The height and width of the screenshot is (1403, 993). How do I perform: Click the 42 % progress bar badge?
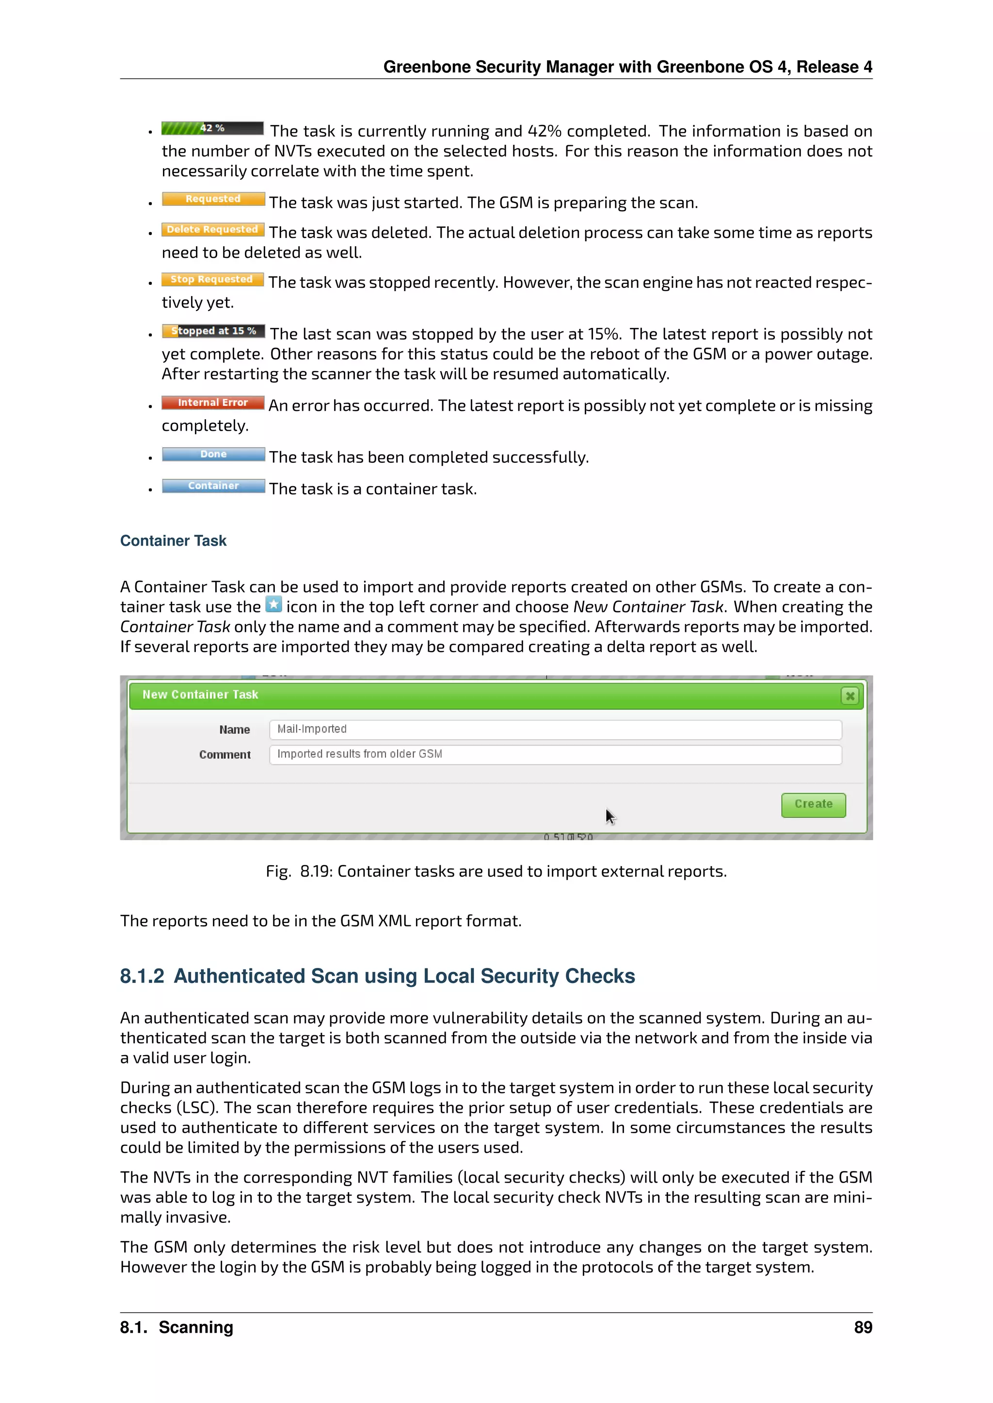click(212, 128)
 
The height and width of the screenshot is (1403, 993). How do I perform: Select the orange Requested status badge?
click(213, 199)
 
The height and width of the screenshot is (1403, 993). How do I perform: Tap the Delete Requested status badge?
click(213, 230)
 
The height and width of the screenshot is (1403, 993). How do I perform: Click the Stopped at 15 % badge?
click(213, 331)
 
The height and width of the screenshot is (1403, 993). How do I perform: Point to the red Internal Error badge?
click(213, 403)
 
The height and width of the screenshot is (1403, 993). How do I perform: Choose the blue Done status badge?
click(213, 454)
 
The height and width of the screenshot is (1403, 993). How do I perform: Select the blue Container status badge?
click(213, 486)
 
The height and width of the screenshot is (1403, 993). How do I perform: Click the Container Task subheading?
click(173, 541)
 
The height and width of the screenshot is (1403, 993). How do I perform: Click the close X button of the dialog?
click(849, 696)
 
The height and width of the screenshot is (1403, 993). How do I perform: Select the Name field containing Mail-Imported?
click(555, 729)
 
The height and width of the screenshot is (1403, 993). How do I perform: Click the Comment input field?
click(555, 754)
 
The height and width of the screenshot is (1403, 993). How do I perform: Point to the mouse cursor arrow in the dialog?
click(609, 816)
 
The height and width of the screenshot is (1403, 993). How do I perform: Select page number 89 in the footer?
click(863, 1327)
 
